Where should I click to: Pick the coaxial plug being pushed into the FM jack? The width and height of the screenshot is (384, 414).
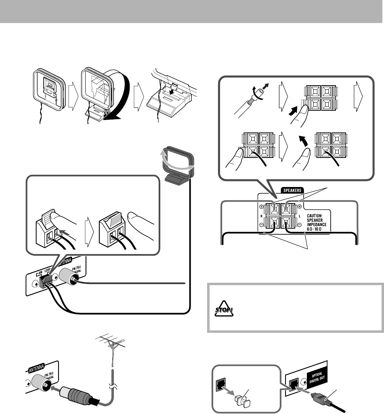pos(77,397)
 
